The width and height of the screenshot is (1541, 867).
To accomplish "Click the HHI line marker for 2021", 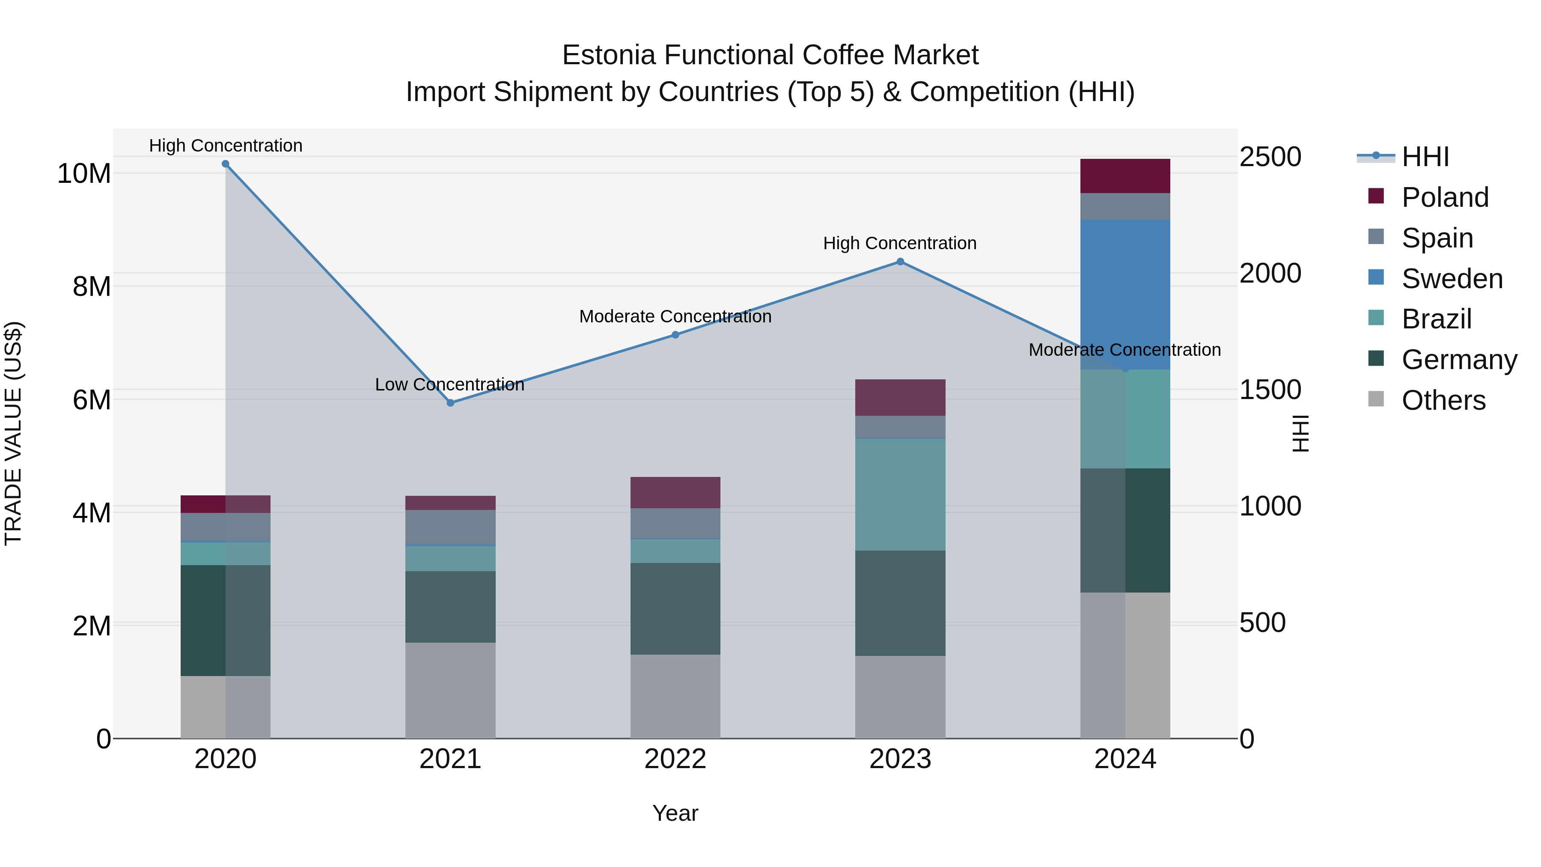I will pyautogui.click(x=450, y=403).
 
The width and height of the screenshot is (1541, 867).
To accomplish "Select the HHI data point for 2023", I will pyautogui.click(x=900, y=262).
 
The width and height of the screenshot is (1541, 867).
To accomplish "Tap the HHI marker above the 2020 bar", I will pyautogui.click(x=226, y=164).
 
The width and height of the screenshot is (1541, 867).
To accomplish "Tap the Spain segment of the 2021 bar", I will pyautogui.click(x=450, y=527).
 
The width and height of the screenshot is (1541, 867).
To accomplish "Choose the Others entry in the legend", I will pyautogui.click(x=1443, y=400).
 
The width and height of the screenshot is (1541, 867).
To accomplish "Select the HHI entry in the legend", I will pyautogui.click(x=1425, y=157).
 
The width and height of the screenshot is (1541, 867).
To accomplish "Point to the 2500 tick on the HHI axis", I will pyautogui.click(x=1270, y=157).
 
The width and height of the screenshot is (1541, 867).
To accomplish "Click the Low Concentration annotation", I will pyautogui.click(x=449, y=385).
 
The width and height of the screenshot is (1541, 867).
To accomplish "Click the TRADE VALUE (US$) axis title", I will pyautogui.click(x=13, y=433).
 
